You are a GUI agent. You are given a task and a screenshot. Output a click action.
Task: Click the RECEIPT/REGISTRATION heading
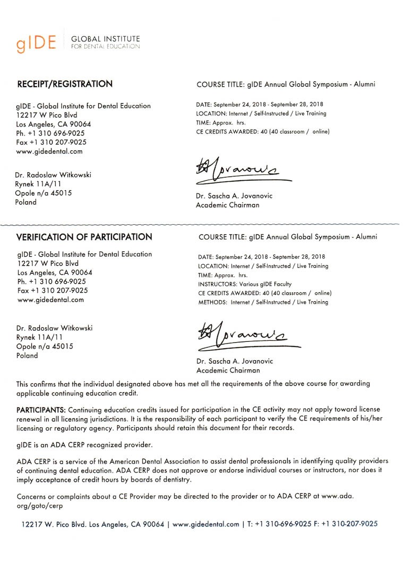(x=65, y=84)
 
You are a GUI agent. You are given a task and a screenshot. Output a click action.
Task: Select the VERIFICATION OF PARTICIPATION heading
(x=84, y=237)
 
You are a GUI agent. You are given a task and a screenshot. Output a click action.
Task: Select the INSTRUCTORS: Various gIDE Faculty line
(x=245, y=284)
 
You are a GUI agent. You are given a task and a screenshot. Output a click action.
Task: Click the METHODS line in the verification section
(x=263, y=302)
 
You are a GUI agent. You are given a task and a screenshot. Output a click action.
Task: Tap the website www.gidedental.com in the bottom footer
(x=206, y=524)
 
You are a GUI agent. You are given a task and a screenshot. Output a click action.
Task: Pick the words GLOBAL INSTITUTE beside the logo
(x=105, y=39)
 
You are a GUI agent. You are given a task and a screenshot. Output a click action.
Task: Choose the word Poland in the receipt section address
(x=26, y=202)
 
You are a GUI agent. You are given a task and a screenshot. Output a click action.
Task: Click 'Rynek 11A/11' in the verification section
(x=40, y=337)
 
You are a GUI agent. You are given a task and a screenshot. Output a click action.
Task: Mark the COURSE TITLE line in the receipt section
(x=286, y=85)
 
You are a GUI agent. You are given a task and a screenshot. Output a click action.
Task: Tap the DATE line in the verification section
(x=261, y=257)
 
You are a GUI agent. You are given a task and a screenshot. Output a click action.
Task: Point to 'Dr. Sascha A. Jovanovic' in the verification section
(x=234, y=361)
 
